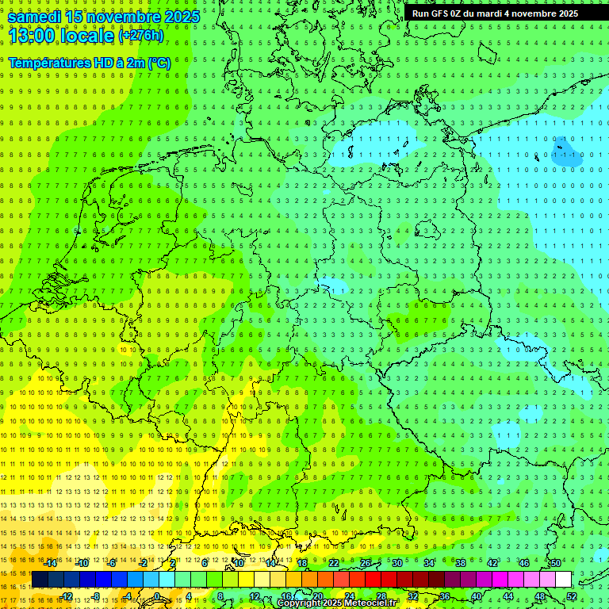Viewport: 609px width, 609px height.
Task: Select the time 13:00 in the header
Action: tap(33, 36)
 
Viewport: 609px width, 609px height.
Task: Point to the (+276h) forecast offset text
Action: tap(140, 36)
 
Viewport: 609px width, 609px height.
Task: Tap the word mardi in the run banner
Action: tap(489, 13)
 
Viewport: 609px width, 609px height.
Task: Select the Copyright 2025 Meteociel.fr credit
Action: tap(337, 603)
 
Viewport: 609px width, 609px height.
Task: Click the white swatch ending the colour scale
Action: tap(563, 579)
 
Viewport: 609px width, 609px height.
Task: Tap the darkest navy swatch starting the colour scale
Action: tap(40, 579)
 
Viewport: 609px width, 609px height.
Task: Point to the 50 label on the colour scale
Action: tap(555, 563)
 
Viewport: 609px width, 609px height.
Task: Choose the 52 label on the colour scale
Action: tap(572, 596)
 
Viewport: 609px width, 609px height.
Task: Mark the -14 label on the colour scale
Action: tap(51, 563)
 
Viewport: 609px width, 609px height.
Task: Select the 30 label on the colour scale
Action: tap(396, 563)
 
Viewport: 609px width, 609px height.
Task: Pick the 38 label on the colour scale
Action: tap(460, 563)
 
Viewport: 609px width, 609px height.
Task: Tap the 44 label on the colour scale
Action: tap(508, 596)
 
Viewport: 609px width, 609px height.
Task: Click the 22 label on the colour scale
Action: tap(334, 563)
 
